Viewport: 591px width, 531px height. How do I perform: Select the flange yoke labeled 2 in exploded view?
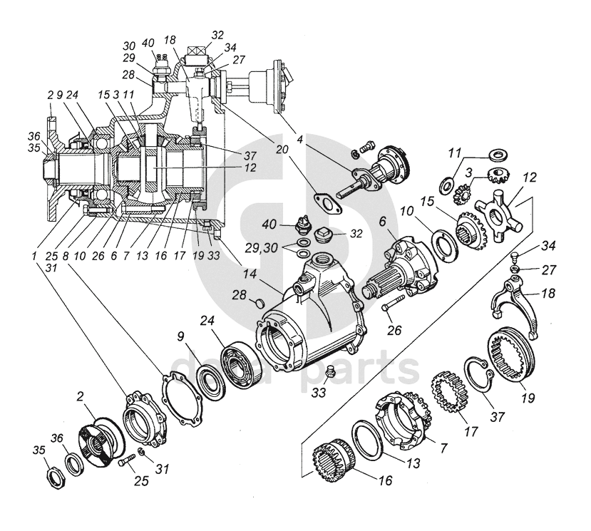click(101, 434)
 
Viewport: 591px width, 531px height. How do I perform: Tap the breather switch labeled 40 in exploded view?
click(302, 227)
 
